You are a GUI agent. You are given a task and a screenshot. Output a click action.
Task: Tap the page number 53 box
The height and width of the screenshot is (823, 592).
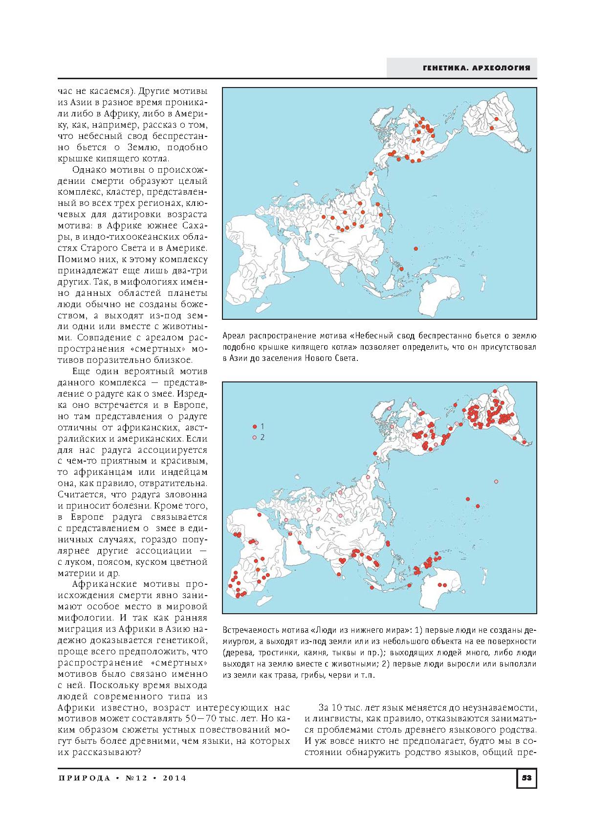pyautogui.click(x=526, y=778)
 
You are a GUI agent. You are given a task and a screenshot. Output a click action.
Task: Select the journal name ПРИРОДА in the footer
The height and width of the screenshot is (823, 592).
pyautogui.click(x=84, y=778)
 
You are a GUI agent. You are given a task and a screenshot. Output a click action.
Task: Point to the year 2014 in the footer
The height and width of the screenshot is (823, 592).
pyautogui.click(x=172, y=778)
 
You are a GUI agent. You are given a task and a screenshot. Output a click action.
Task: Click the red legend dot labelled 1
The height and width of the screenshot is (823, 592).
pyautogui.click(x=254, y=426)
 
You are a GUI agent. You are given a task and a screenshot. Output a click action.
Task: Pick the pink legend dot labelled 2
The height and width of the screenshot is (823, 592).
pyautogui.click(x=254, y=437)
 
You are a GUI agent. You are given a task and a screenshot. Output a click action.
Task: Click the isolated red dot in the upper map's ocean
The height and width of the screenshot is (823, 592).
pyautogui.click(x=416, y=249)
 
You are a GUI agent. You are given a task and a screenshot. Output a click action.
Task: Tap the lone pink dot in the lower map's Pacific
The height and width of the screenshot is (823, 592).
pyautogui.click(x=496, y=482)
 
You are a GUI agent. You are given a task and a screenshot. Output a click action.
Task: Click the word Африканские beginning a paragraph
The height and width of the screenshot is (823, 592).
pyautogui.click(x=104, y=584)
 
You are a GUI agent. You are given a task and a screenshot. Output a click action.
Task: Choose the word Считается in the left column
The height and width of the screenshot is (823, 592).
pyautogui.click(x=78, y=495)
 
